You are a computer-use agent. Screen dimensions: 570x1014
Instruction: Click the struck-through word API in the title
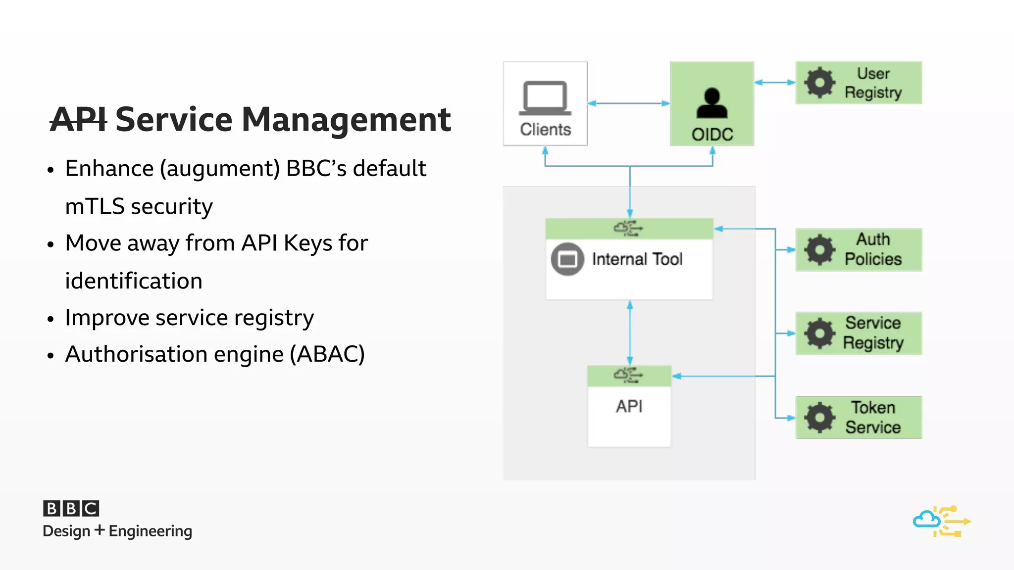pyautogui.click(x=78, y=120)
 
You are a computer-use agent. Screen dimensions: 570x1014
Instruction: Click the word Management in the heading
pyautogui.click(x=346, y=120)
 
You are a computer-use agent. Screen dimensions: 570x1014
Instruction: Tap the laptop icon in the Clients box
pyautogui.click(x=545, y=97)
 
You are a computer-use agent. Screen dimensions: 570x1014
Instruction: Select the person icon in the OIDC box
pyautogui.click(x=712, y=103)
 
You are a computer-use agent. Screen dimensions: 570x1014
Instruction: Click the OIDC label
pyautogui.click(x=712, y=135)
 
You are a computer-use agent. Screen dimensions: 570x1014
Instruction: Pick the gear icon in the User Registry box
pyautogui.click(x=819, y=83)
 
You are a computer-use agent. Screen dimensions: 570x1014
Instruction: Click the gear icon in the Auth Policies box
pyautogui.click(x=819, y=250)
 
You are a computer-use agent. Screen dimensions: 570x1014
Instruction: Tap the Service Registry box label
pyautogui.click(x=873, y=333)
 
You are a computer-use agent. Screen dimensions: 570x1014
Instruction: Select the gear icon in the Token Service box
pyautogui.click(x=819, y=418)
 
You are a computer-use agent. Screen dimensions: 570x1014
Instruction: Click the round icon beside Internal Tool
pyautogui.click(x=567, y=259)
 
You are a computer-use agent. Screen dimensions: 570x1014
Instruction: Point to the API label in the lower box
pyautogui.click(x=629, y=407)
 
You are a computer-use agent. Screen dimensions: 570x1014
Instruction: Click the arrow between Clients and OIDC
pyautogui.click(x=628, y=103)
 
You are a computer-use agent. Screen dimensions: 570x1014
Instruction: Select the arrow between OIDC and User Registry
pyautogui.click(x=774, y=83)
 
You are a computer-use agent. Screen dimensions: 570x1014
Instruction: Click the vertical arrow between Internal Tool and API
pyautogui.click(x=630, y=332)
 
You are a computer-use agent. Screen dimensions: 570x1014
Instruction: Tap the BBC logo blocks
pyautogui.click(x=71, y=508)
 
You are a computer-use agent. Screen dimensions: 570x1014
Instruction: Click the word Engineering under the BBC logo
pyautogui.click(x=150, y=531)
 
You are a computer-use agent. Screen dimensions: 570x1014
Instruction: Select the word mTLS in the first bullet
pyautogui.click(x=95, y=206)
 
